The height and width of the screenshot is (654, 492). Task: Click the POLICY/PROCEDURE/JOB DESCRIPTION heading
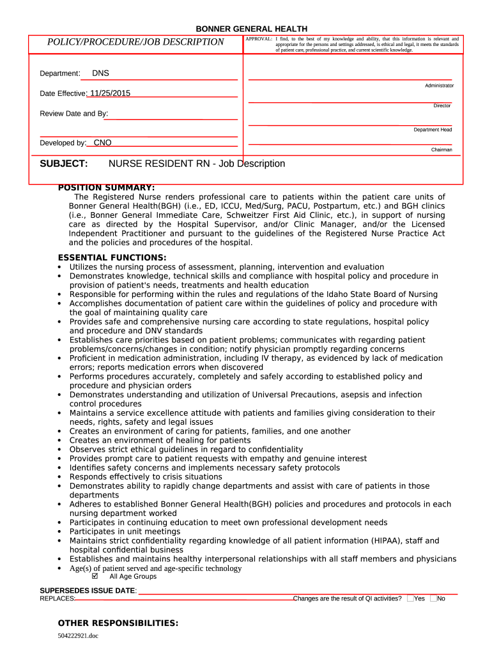pyautogui.click(x=135, y=42)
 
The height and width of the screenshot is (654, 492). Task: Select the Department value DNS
pyautogui.click(x=100, y=73)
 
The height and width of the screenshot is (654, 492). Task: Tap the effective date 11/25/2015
pyautogui.click(x=110, y=93)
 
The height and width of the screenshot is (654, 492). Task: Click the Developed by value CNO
pyautogui.click(x=102, y=143)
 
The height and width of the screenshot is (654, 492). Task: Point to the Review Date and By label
pyautogui.click(x=74, y=114)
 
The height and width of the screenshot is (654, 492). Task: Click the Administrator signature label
pyautogui.click(x=439, y=86)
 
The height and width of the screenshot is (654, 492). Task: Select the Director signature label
pyautogui.click(x=442, y=105)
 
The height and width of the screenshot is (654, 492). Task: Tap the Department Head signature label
pyautogui.click(x=433, y=130)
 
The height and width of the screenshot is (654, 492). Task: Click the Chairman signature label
pyautogui.click(x=441, y=149)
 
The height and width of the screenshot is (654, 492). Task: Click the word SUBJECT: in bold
pyautogui.click(x=64, y=164)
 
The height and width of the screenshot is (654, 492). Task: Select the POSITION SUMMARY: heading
pyautogui.click(x=106, y=188)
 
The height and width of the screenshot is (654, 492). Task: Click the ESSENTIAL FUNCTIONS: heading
pyautogui.click(x=112, y=257)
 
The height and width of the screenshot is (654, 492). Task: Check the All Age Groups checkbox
pyautogui.click(x=95, y=576)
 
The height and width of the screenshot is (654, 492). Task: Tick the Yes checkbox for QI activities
pyautogui.click(x=410, y=598)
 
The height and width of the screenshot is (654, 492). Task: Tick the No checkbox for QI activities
pyautogui.click(x=433, y=598)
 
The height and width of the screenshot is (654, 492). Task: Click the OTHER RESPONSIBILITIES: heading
pyautogui.click(x=118, y=623)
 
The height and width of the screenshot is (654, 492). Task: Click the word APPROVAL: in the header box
pyautogui.click(x=259, y=39)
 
